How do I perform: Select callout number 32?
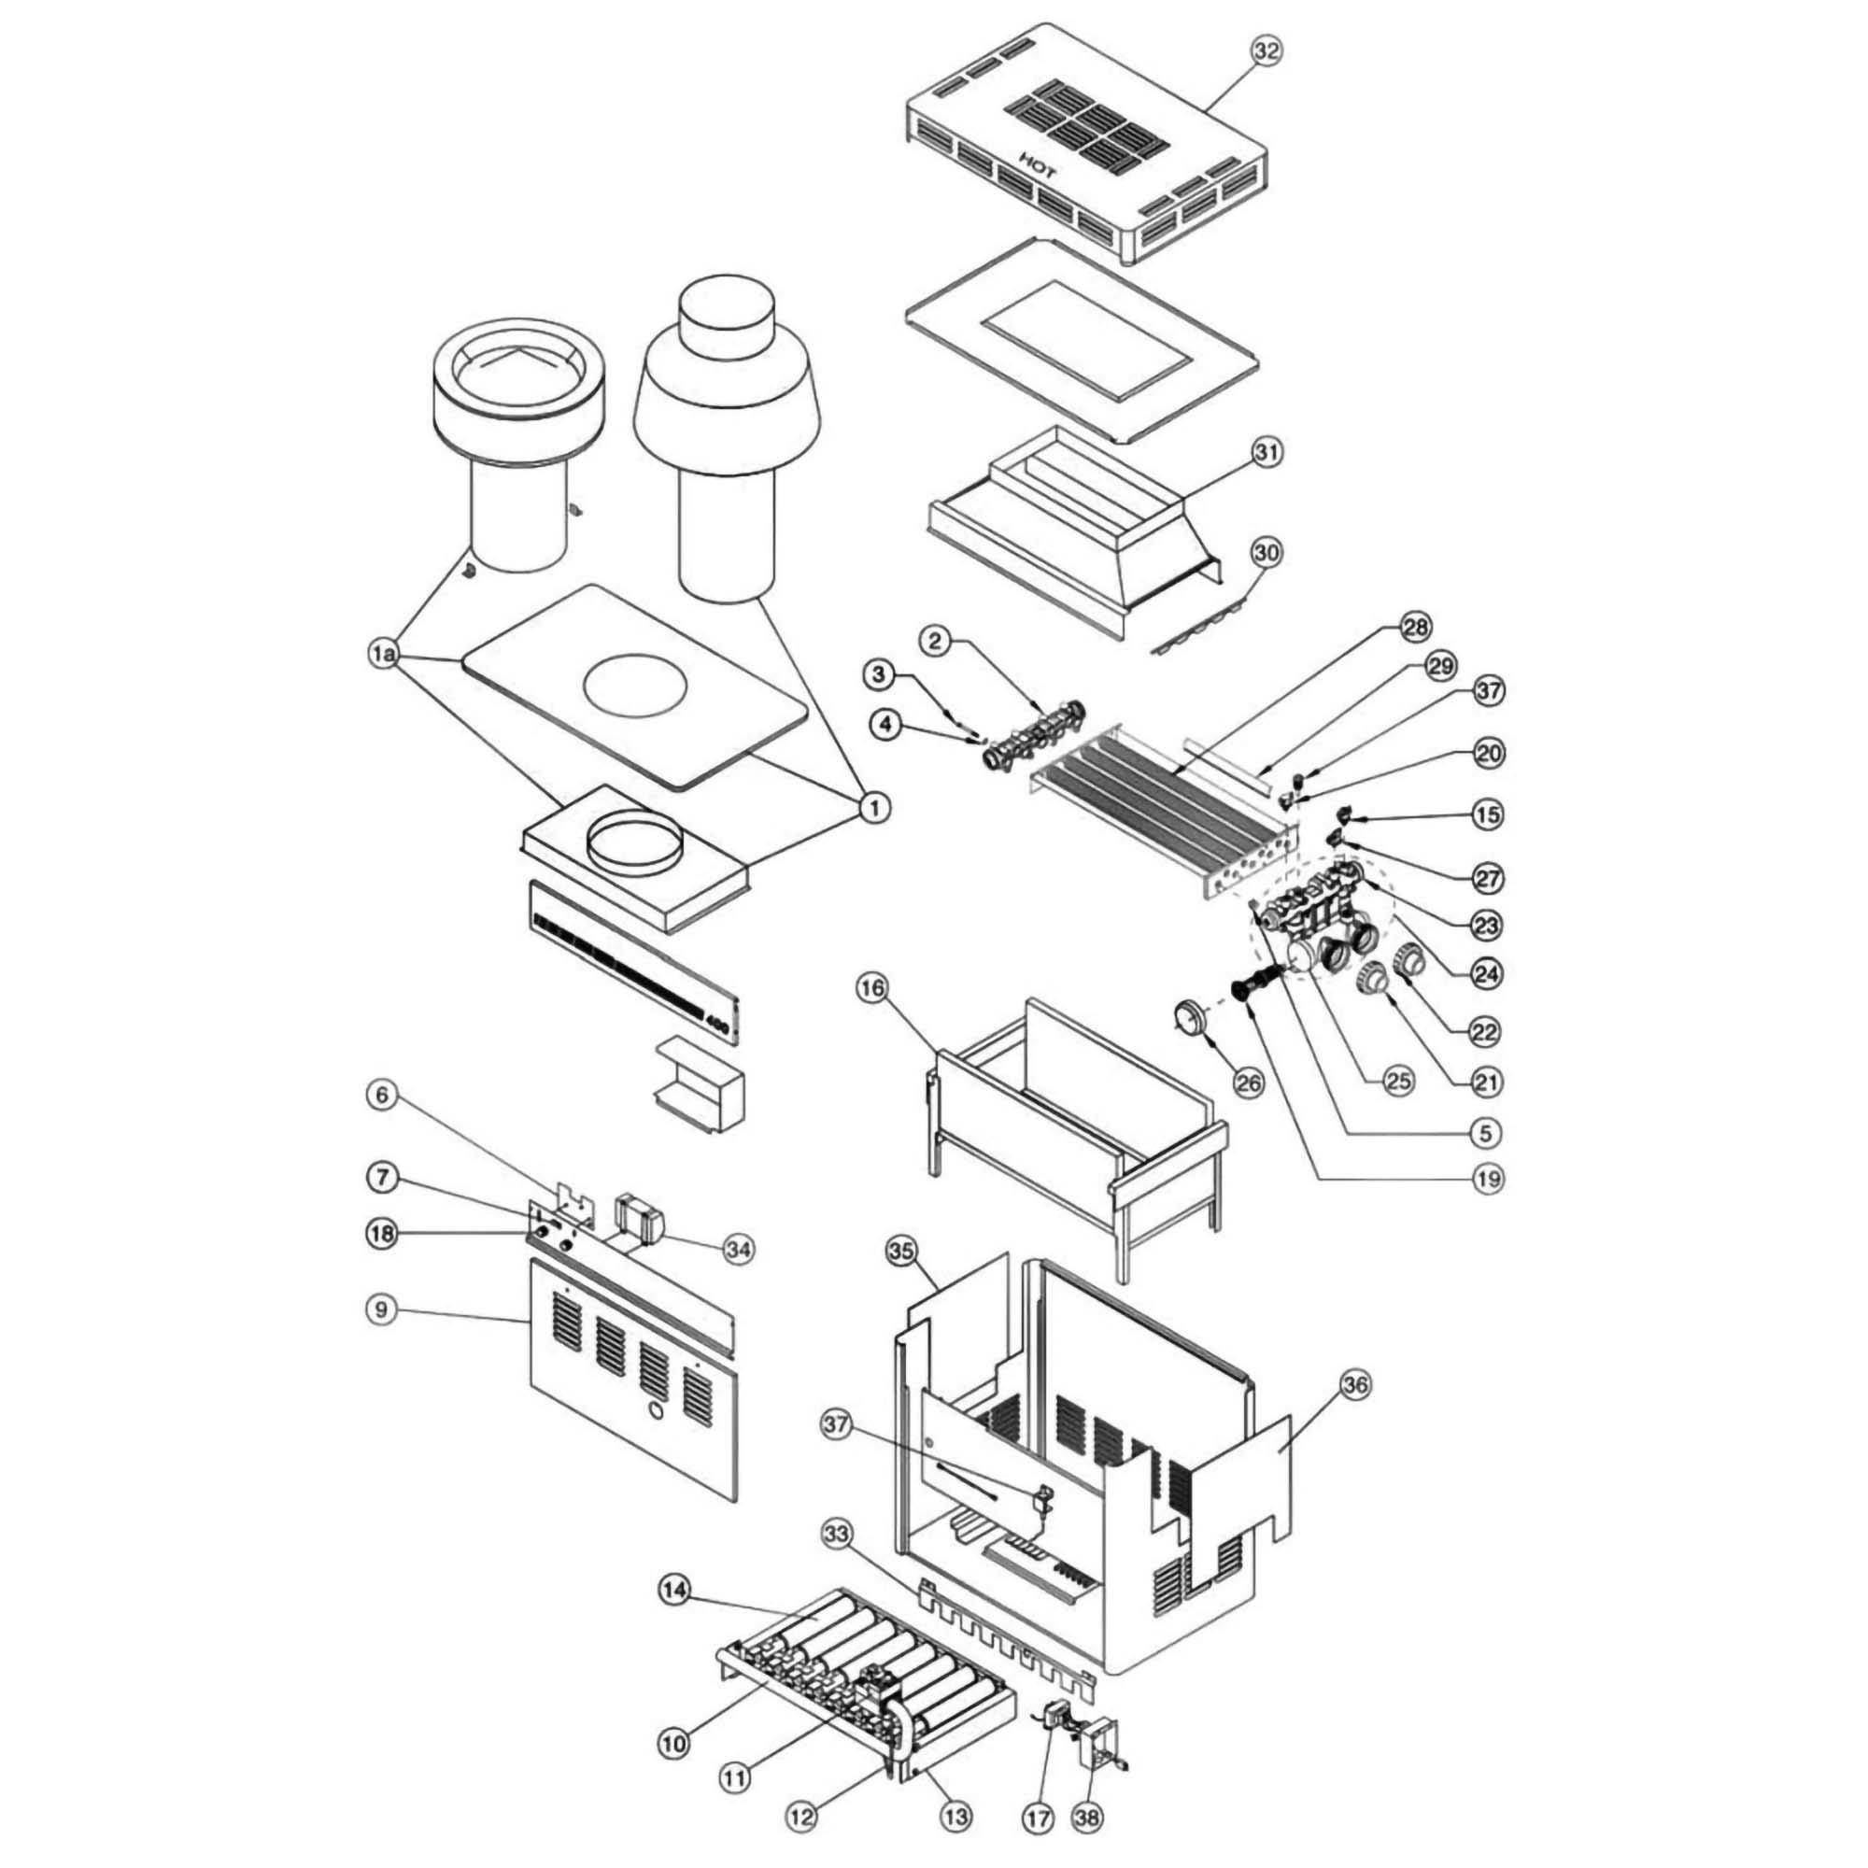tap(1266, 51)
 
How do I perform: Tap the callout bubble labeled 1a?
tap(384, 655)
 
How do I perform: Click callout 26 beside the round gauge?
tap(1249, 1082)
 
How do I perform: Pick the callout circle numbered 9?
tap(382, 1310)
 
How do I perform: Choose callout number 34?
tap(739, 1249)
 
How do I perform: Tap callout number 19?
tap(1487, 1179)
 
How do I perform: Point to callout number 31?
tap(1267, 451)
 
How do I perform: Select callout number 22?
tap(1483, 1032)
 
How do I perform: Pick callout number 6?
tap(382, 1097)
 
